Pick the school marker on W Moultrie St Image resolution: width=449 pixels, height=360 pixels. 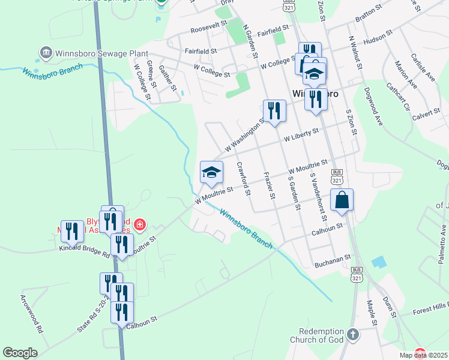click(211, 173)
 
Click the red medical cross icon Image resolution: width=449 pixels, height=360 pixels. click(140, 225)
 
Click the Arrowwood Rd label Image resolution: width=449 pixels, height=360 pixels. click(32, 313)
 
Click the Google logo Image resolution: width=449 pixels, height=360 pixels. click(20, 353)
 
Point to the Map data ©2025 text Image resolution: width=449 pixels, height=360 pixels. click(424, 355)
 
